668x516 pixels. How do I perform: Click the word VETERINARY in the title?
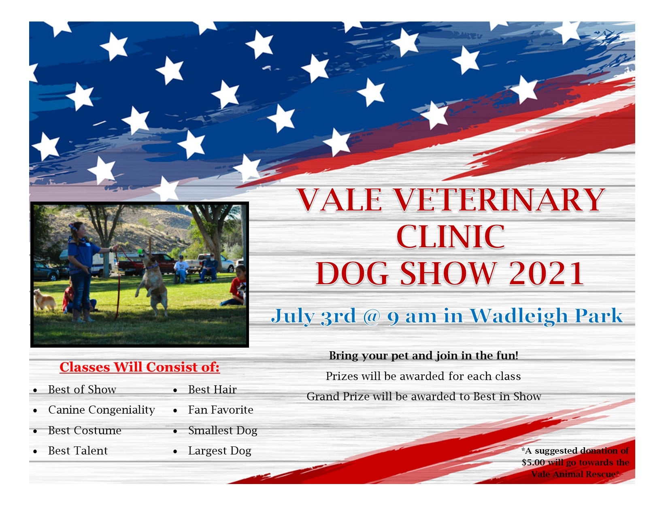(x=499, y=200)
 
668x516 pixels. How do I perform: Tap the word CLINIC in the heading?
(x=451, y=236)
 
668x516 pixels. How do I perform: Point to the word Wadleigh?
(x=519, y=316)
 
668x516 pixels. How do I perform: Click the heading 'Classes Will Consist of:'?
(x=140, y=367)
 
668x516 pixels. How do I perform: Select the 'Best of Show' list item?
(x=82, y=389)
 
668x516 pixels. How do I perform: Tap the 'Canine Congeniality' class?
(x=102, y=410)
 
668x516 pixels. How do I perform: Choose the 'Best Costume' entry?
(x=85, y=430)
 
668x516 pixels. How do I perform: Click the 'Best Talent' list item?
(x=78, y=450)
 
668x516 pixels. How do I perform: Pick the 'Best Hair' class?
(x=212, y=389)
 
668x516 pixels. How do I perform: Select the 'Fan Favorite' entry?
(x=220, y=410)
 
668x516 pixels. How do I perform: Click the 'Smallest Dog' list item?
(x=223, y=431)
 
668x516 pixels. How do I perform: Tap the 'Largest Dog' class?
(x=219, y=451)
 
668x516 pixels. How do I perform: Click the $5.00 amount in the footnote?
(x=533, y=462)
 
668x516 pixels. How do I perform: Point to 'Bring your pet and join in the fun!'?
(x=423, y=356)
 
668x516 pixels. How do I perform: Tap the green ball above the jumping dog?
(x=140, y=251)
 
